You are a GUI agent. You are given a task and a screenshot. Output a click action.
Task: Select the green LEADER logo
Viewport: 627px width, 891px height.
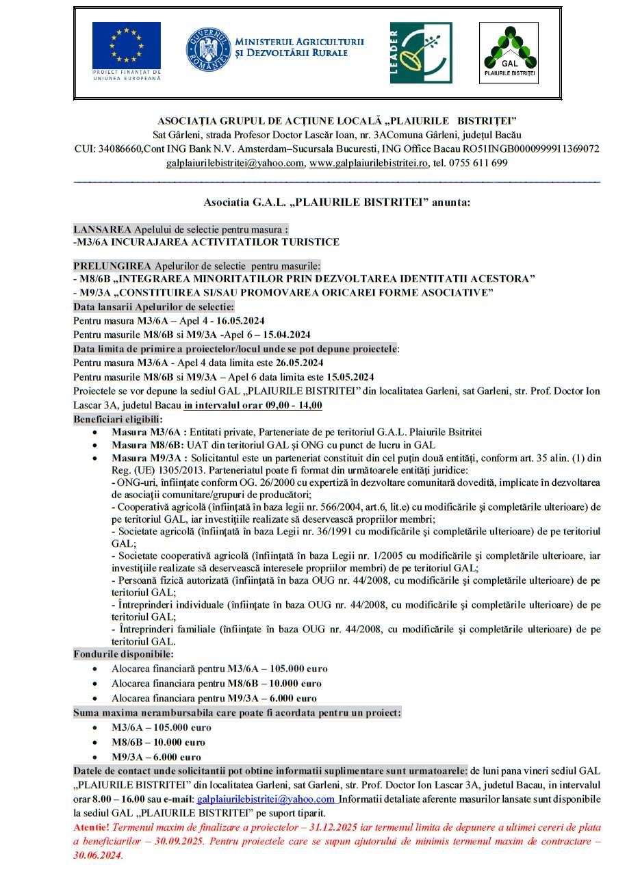(x=420, y=53)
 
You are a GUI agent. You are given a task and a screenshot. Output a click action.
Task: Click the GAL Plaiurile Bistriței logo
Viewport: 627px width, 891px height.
(x=508, y=52)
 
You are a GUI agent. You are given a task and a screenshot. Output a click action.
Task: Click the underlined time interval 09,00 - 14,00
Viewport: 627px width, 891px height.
(x=253, y=405)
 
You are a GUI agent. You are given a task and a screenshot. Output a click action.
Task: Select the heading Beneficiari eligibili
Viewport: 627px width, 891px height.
(x=118, y=419)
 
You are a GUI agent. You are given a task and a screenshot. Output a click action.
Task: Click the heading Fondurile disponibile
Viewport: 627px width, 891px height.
(x=123, y=654)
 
